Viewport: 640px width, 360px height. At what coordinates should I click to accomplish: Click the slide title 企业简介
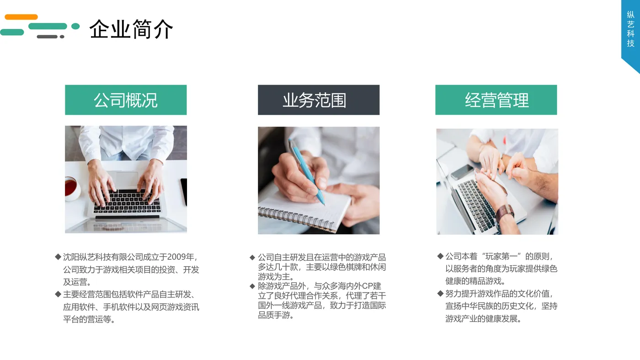coord(131,29)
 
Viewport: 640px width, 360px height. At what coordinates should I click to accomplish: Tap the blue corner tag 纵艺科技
coord(630,30)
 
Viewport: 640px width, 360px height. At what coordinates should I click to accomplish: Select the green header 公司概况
coord(126,100)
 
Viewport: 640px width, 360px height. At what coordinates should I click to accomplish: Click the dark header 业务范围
coord(318,100)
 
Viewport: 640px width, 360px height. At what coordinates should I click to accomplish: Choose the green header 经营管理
coord(496,100)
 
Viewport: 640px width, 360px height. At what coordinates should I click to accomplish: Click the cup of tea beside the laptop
coord(71,187)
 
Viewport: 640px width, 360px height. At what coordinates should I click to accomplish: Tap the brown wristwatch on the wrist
coord(505,212)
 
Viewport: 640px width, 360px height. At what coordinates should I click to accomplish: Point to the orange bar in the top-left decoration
coord(21,17)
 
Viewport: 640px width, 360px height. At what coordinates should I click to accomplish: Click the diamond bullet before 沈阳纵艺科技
coord(58,257)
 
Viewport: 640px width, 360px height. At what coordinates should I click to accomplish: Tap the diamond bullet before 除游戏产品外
coord(252,286)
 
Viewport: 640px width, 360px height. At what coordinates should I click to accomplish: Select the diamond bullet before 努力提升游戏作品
coord(441,293)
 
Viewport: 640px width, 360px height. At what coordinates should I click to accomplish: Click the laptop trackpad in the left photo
coord(126,179)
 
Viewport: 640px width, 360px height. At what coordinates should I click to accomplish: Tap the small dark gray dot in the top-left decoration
coord(62,37)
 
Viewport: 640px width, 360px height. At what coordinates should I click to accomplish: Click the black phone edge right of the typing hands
coord(184,191)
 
